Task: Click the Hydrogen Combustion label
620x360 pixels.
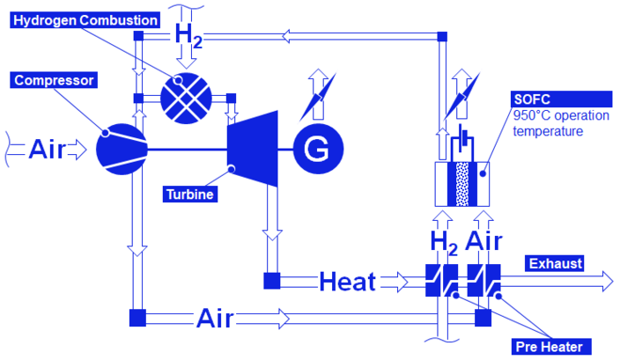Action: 86,19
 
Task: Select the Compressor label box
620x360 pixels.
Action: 54,80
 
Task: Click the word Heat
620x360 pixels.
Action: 347,282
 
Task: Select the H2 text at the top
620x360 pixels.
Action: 188,35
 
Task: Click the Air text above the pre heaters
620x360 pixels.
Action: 483,240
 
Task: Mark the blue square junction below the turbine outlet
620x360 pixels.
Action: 271,282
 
